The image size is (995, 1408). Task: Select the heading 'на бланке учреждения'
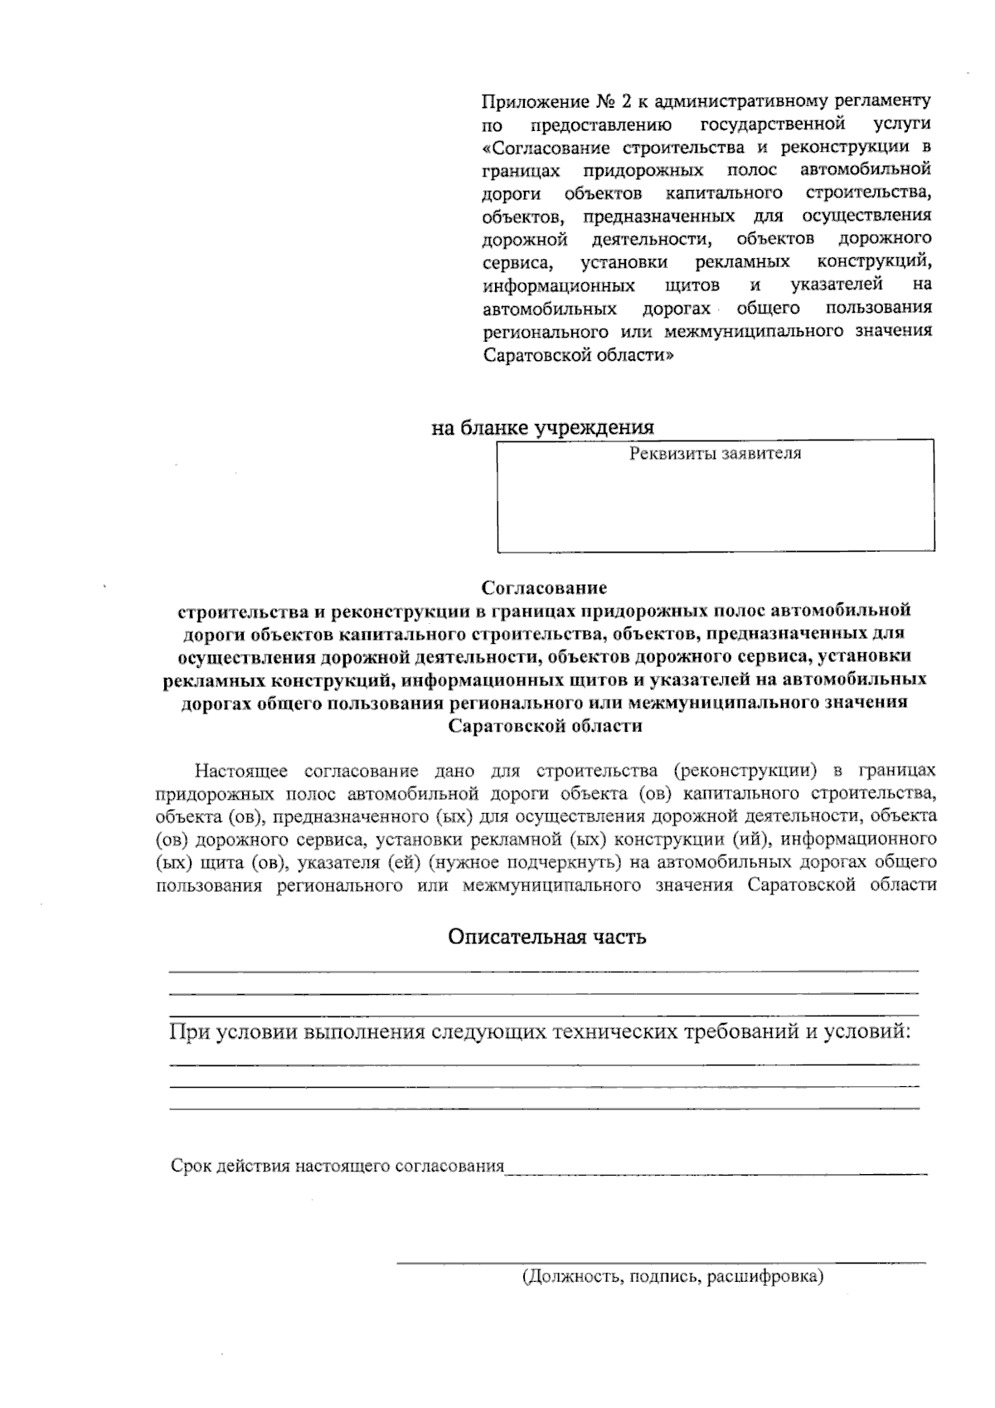coord(542,428)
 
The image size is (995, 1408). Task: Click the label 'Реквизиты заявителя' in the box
coord(716,454)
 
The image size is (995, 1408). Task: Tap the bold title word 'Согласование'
coord(545,588)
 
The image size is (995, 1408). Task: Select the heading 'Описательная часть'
coord(546,938)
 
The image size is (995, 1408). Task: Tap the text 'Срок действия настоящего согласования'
coord(337,1166)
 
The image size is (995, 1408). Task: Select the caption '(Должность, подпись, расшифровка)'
coord(672,1276)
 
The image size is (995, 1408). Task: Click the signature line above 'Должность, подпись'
coord(661,1263)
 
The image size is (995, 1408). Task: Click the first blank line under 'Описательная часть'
coord(543,970)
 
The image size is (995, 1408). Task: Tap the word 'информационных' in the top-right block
coord(558,285)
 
